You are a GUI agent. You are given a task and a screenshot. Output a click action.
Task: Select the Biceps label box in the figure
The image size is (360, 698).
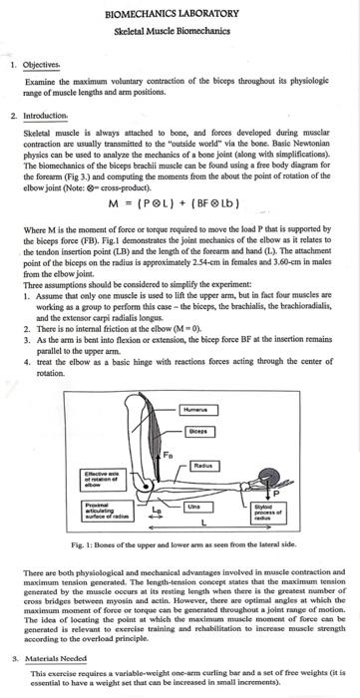(200, 432)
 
